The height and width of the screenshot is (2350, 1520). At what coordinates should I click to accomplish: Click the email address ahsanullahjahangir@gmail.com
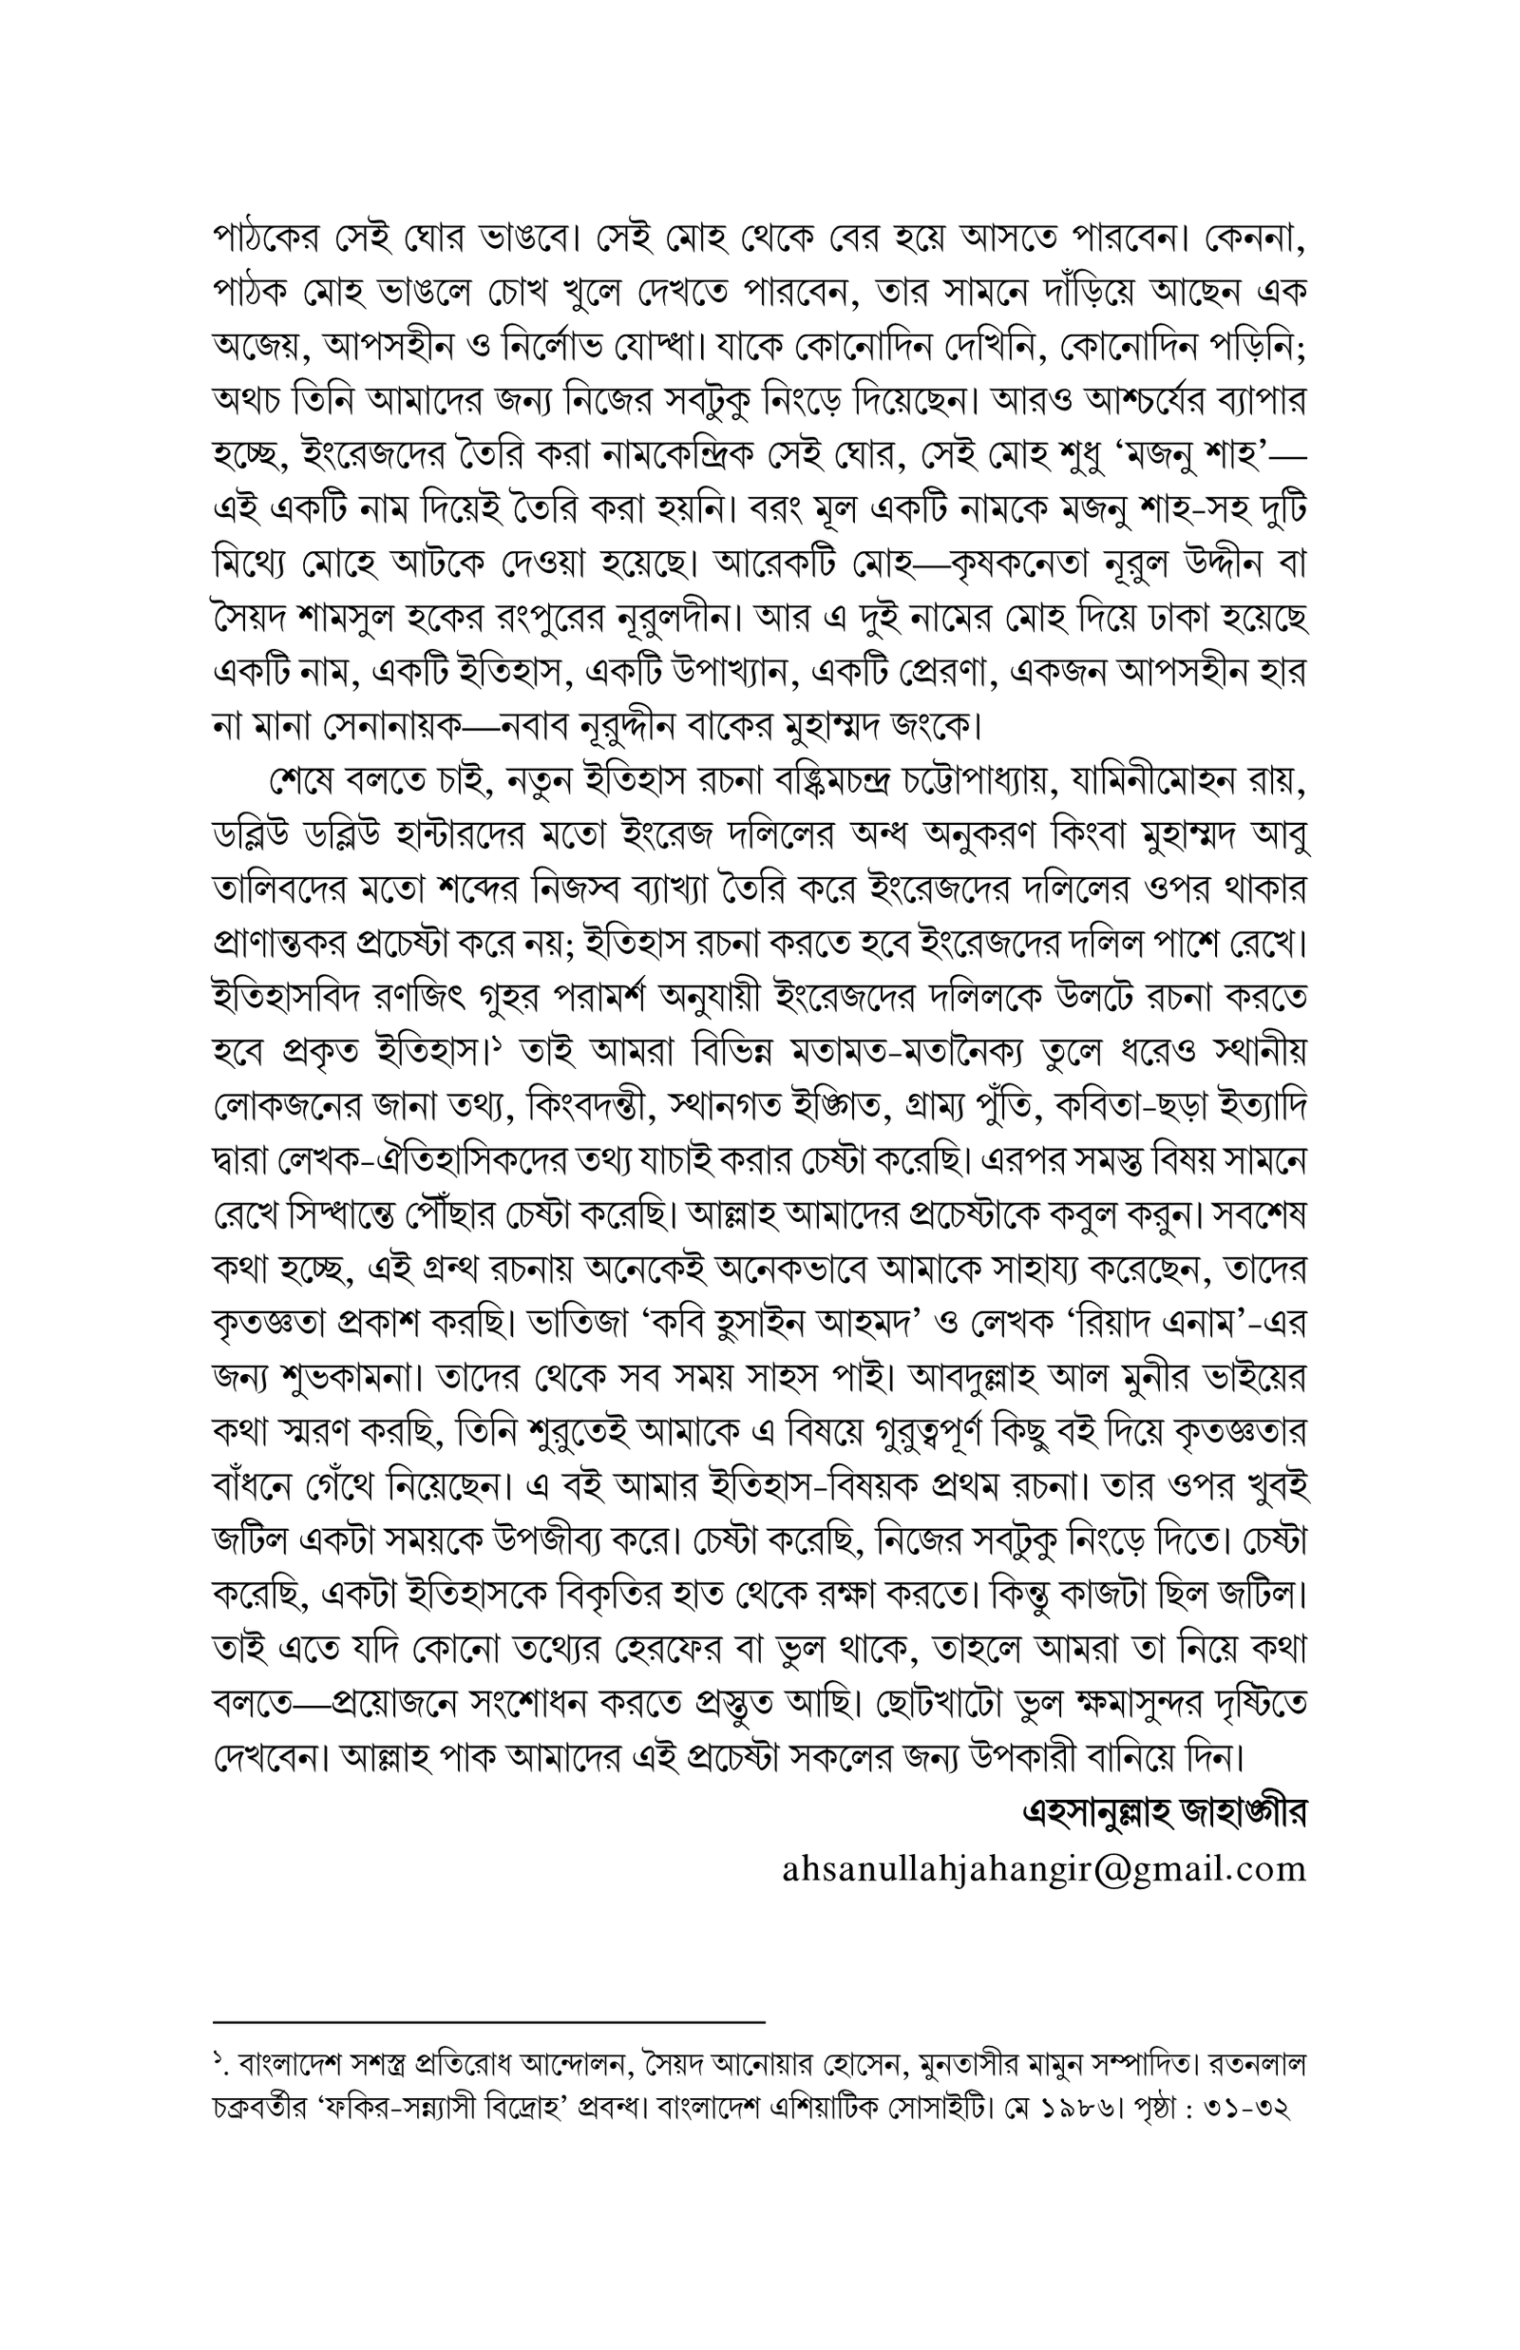pyautogui.click(x=1043, y=1870)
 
